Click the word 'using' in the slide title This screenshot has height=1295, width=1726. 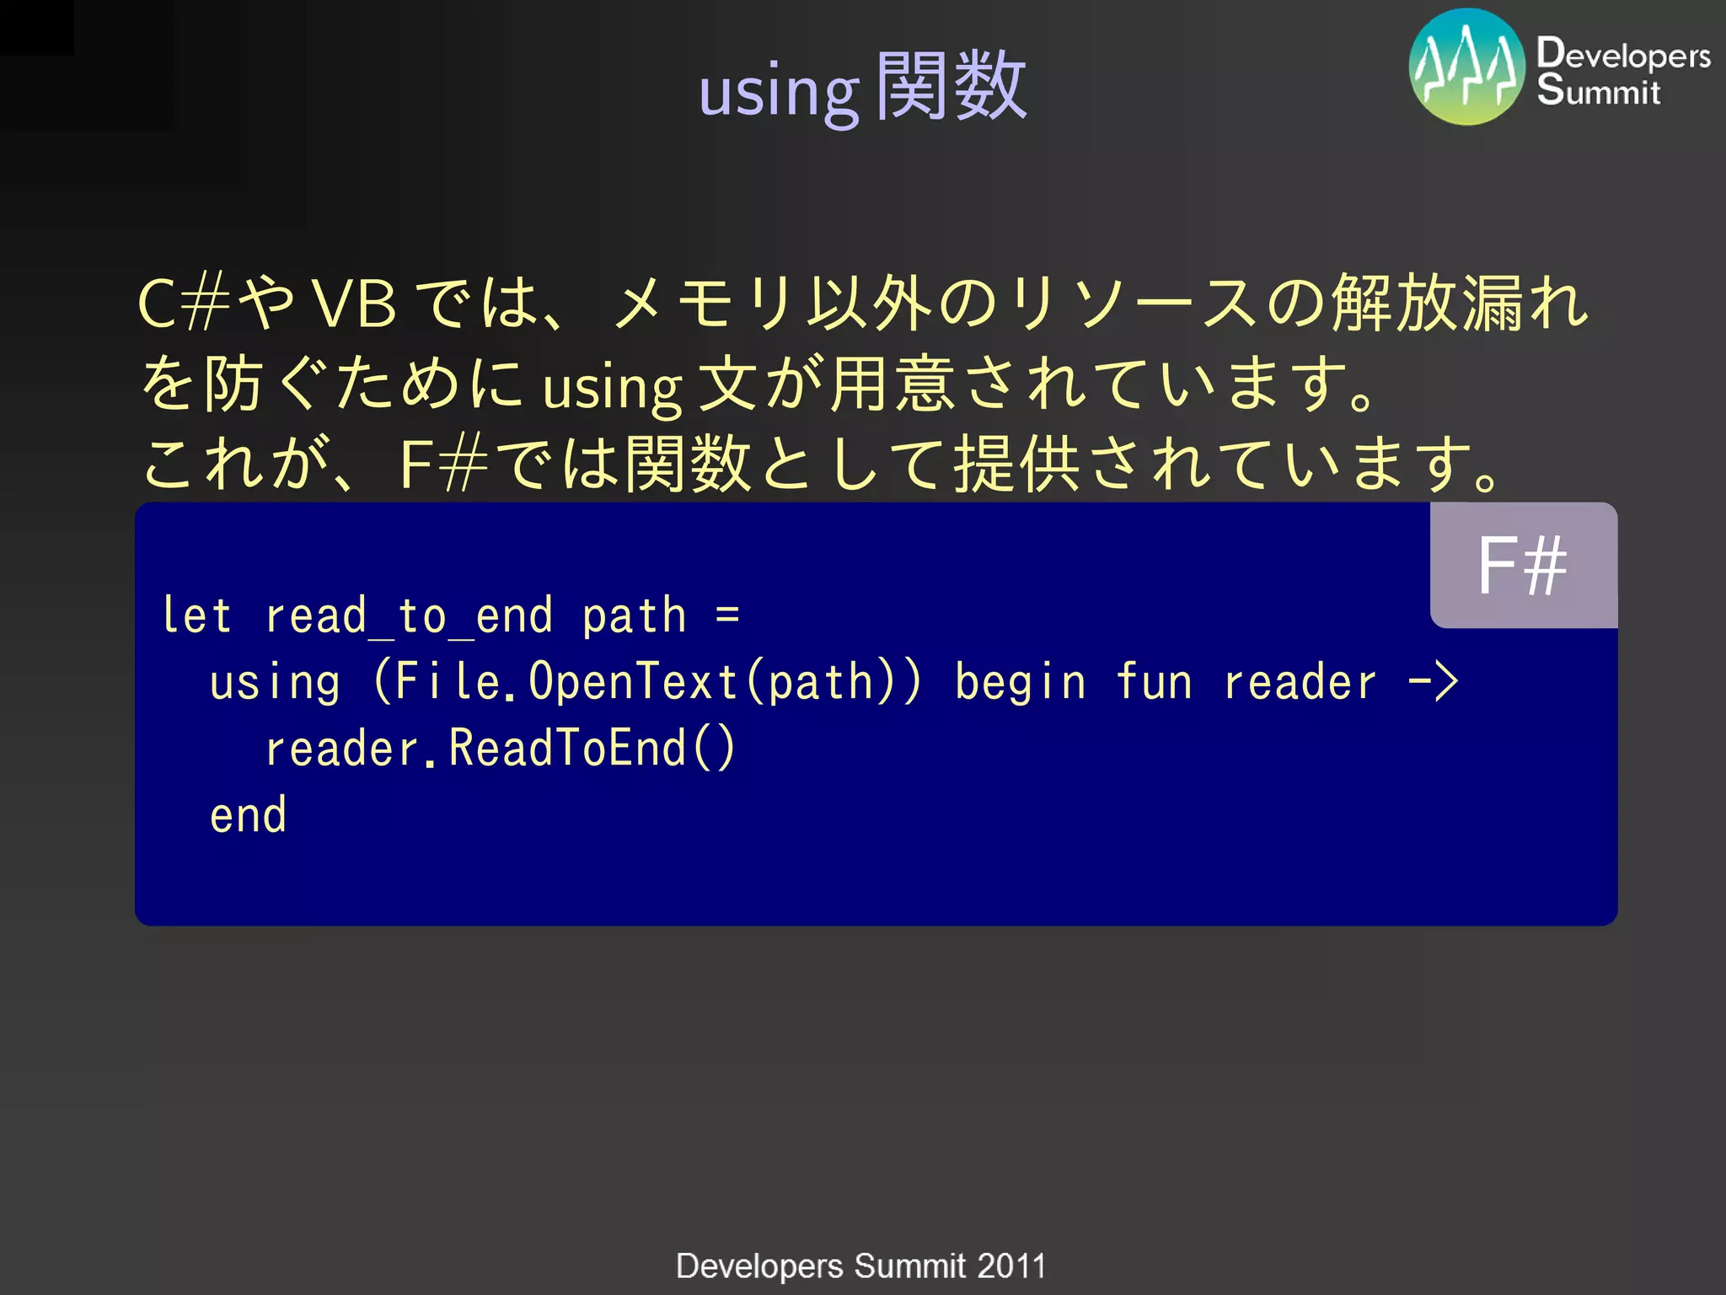778,91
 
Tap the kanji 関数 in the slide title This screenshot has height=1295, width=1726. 951,86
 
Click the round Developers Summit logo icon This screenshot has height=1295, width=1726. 1466,67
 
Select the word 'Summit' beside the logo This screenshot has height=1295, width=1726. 1598,91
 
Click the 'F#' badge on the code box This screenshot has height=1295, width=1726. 1522,566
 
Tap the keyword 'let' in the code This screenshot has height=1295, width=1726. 196,615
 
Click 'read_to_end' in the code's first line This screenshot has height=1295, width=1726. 409,616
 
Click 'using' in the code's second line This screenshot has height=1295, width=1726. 275,682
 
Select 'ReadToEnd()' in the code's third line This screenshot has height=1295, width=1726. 592,748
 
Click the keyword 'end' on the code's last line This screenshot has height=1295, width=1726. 248,815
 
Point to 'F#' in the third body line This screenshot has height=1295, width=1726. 443,465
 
